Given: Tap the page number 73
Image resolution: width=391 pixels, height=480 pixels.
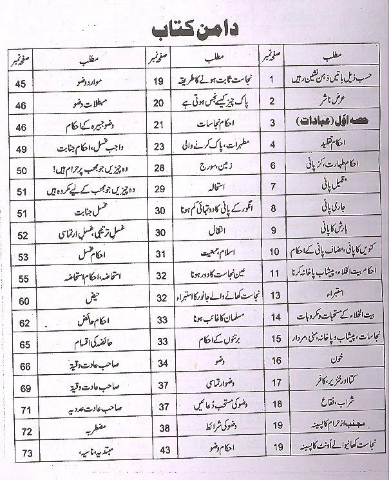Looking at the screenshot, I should (26, 454).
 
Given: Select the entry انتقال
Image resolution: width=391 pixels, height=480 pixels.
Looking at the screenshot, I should (212, 231).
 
